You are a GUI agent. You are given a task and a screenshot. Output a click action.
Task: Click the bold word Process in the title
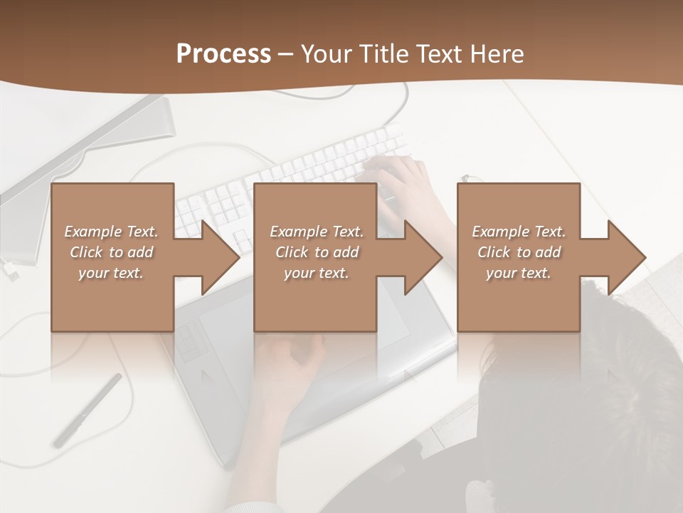(x=223, y=54)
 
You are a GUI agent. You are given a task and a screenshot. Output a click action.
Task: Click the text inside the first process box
(x=111, y=252)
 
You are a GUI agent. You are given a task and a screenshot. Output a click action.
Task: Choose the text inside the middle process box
(x=316, y=252)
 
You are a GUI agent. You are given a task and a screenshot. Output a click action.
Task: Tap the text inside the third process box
(x=519, y=252)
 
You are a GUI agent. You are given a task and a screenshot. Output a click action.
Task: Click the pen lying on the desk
(x=87, y=410)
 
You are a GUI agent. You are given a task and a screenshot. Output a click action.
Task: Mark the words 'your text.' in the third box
(x=519, y=273)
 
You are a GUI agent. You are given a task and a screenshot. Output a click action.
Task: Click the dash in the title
(x=286, y=54)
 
